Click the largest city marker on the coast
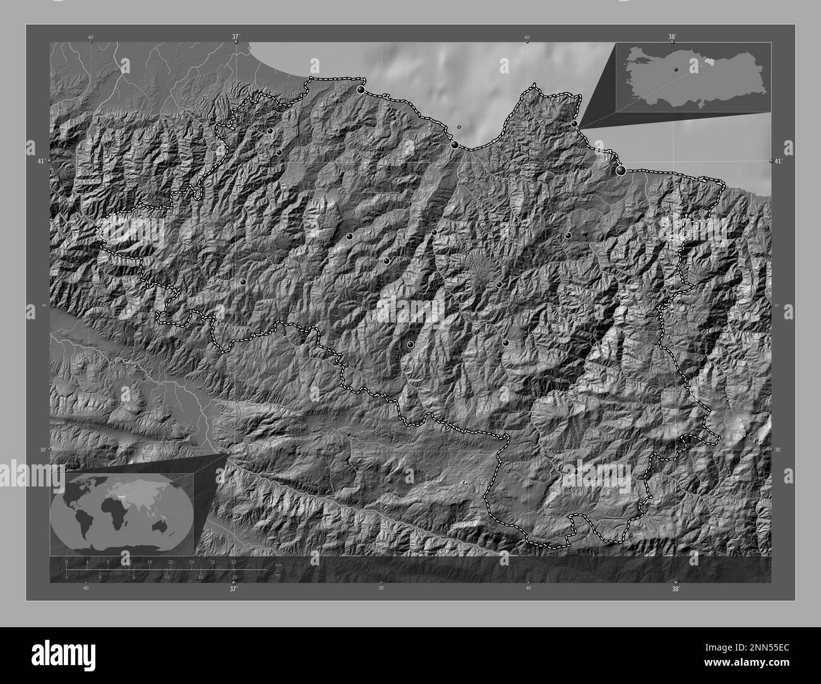(x=621, y=170)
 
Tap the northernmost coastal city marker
(x=361, y=90)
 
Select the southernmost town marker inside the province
(x=575, y=471)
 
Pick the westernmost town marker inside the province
(x=243, y=282)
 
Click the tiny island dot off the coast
(x=459, y=127)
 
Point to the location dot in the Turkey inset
(x=675, y=69)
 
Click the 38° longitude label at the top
(x=673, y=37)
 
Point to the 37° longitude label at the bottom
(x=233, y=589)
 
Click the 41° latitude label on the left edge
(x=41, y=162)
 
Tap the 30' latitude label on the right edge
(x=778, y=450)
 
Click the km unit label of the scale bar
(x=277, y=563)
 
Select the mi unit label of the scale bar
(x=277, y=575)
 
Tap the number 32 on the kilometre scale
(x=234, y=562)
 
